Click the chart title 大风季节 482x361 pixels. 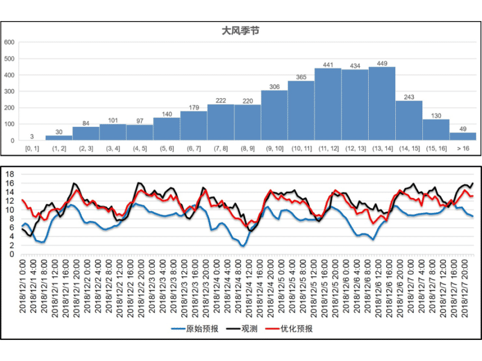click(x=240, y=30)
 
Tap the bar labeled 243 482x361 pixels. click(x=408, y=120)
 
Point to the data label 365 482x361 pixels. click(x=301, y=77)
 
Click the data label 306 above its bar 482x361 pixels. click(x=274, y=87)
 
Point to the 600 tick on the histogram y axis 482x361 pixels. click(x=9, y=43)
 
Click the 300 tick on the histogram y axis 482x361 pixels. click(x=9, y=91)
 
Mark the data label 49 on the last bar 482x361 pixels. click(x=462, y=129)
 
